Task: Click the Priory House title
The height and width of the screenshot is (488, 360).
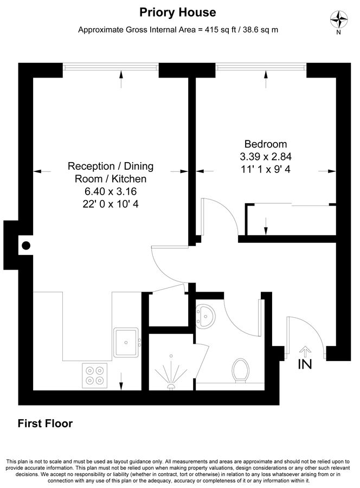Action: (x=178, y=12)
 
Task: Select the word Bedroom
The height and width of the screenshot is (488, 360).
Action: (x=265, y=144)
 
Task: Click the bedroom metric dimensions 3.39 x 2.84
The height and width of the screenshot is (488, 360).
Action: (x=266, y=157)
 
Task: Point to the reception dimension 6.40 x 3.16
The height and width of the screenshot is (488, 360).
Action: (x=111, y=191)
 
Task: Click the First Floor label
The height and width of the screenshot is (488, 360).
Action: (x=45, y=423)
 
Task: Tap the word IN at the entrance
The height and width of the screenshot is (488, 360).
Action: (x=305, y=365)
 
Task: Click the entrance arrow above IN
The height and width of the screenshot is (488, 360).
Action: (x=305, y=351)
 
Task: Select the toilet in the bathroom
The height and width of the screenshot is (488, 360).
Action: (x=240, y=370)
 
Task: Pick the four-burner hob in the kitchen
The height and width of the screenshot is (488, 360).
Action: (x=95, y=374)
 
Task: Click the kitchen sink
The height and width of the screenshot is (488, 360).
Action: (x=127, y=343)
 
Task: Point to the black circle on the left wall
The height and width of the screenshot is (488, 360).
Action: (x=25, y=246)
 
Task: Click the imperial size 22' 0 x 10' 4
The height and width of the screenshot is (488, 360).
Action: (x=111, y=204)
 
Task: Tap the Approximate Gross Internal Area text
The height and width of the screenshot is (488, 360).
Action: (x=178, y=30)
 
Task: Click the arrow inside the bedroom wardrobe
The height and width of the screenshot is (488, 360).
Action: (x=266, y=224)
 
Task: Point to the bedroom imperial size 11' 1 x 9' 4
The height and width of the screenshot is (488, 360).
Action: (x=266, y=169)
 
